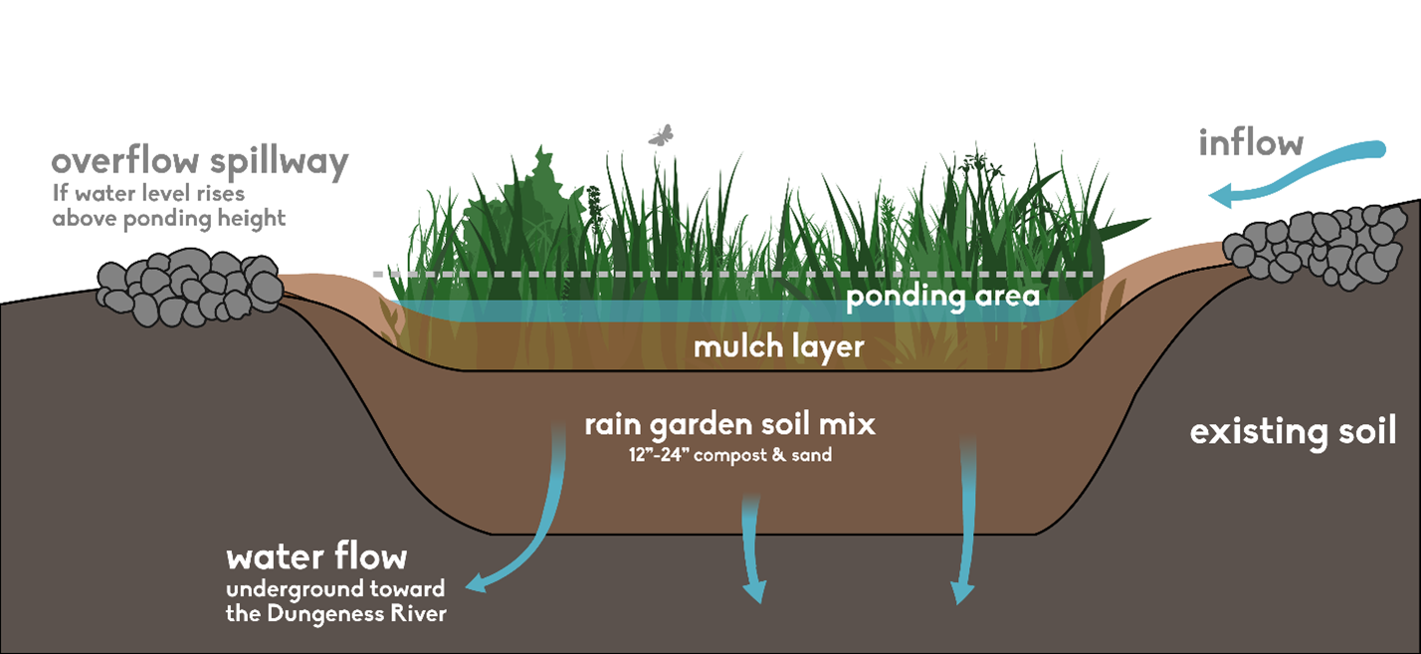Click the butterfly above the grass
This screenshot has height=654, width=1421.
point(661,135)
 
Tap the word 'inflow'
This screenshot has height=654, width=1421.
point(1251,143)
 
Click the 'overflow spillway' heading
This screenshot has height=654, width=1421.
point(199,162)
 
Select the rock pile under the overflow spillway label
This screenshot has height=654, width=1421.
point(188,286)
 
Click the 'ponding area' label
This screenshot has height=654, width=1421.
point(942,297)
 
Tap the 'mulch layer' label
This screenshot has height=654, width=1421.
point(764,347)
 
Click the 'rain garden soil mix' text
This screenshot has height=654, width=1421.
point(729,425)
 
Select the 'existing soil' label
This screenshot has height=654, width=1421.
point(1293,432)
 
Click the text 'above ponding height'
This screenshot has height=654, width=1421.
point(169,218)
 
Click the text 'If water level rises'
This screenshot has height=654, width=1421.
point(149,193)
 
